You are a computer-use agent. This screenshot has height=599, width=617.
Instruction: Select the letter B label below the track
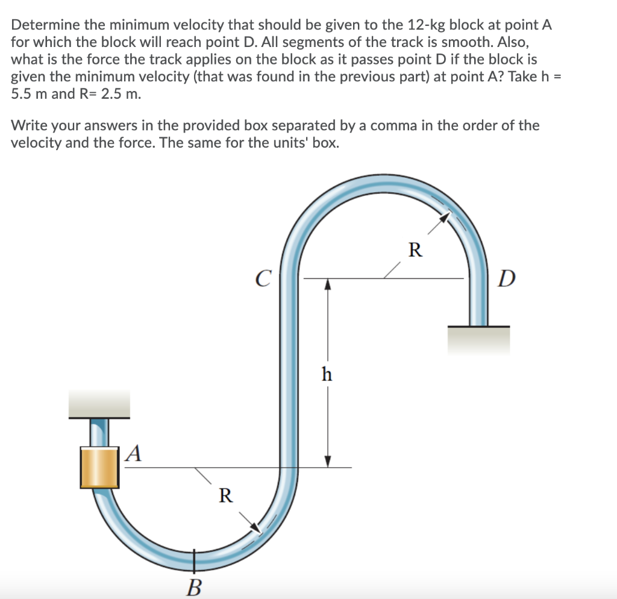[x=194, y=585]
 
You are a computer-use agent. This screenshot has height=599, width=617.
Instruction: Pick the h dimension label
[x=327, y=374]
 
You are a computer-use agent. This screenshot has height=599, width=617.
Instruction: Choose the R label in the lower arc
[x=225, y=495]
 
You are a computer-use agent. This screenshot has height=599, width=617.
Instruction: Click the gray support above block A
[x=99, y=403]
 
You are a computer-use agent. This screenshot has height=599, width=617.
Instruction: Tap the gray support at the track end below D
[x=478, y=340]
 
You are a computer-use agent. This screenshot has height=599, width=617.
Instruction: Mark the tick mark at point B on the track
[x=194, y=559]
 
